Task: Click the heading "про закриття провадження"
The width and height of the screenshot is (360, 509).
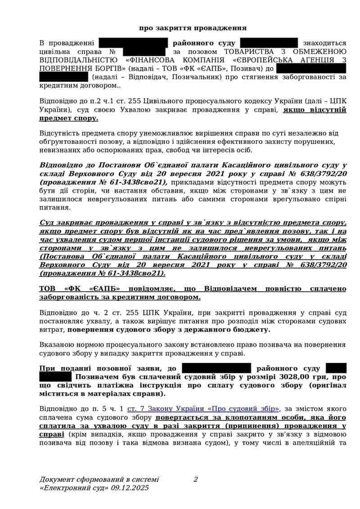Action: click(x=193, y=28)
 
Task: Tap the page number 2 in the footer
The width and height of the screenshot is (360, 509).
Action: click(x=196, y=479)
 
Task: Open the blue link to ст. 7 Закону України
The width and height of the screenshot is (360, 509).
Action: click(x=203, y=409)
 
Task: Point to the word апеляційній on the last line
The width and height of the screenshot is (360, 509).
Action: click(x=312, y=442)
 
